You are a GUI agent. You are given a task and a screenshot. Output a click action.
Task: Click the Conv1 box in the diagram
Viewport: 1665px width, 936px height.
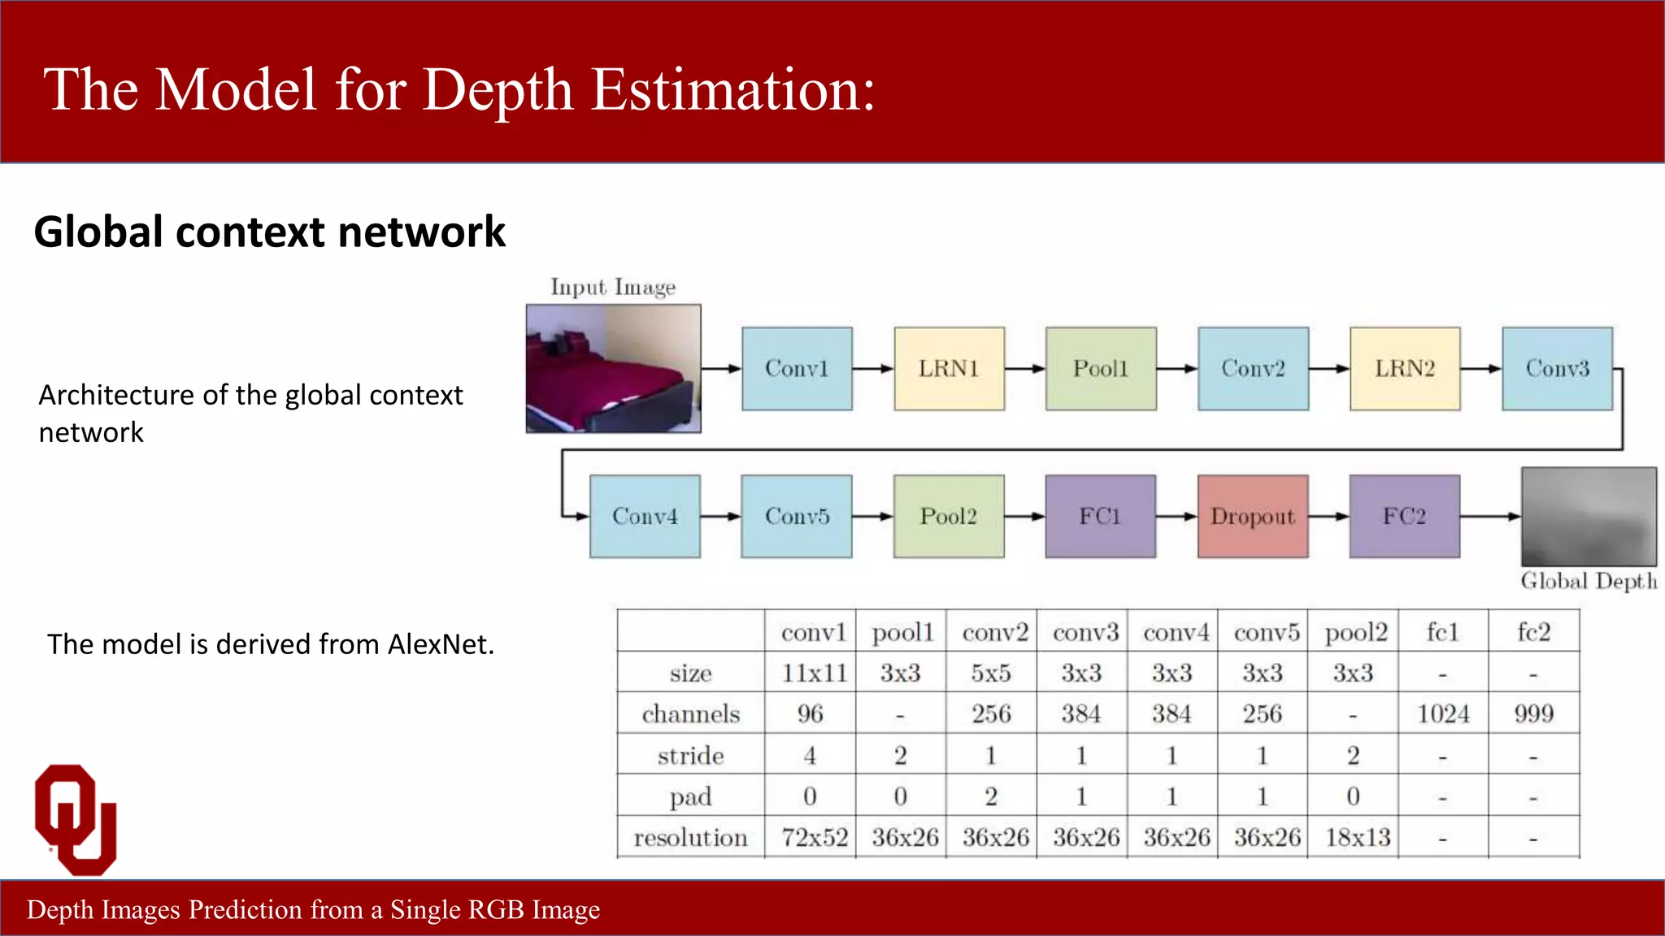point(797,369)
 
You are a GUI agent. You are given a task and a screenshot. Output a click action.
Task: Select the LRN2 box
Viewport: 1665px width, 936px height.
point(1405,369)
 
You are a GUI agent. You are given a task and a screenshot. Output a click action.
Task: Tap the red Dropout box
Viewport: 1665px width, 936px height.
point(1253,517)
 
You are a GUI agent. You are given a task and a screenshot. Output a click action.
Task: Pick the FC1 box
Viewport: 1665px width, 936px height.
point(1100,517)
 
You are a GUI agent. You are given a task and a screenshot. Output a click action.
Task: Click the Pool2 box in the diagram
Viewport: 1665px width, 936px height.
point(949,517)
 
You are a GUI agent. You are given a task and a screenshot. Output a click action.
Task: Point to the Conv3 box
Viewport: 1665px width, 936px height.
point(1557,369)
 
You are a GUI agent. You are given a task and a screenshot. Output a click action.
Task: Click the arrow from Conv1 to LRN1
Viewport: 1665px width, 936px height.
point(873,369)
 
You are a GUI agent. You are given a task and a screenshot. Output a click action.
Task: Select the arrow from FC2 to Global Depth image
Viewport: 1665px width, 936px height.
point(1489,517)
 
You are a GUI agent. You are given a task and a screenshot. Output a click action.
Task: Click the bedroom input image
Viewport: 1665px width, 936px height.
point(613,368)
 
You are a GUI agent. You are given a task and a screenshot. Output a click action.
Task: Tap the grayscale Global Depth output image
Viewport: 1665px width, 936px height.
point(1589,517)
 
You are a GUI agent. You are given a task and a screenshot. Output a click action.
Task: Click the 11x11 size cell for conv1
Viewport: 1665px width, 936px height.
point(814,673)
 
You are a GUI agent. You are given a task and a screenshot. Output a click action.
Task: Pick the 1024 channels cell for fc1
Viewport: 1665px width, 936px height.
point(1443,714)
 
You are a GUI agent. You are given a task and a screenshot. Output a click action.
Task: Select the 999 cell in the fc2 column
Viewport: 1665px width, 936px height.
point(1533,714)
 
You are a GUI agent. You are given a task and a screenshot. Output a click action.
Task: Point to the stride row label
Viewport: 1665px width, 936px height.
point(690,756)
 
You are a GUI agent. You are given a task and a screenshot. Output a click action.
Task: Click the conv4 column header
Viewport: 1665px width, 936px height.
point(1176,632)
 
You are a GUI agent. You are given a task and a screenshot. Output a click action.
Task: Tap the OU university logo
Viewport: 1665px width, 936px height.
point(76,819)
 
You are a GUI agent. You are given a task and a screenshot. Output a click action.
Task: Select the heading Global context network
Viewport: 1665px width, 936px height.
point(269,232)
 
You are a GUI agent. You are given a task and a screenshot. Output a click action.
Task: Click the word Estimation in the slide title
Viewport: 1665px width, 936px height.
point(733,89)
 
